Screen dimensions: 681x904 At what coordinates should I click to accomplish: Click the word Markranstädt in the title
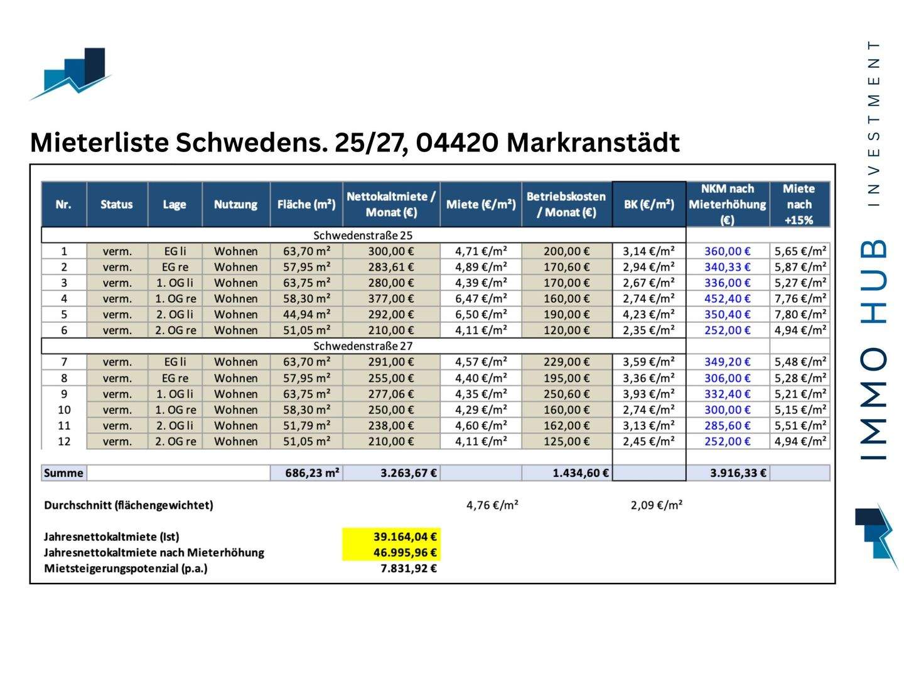593,143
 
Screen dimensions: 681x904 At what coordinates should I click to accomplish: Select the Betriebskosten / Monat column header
566,204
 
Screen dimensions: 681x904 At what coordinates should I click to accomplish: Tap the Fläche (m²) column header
306,204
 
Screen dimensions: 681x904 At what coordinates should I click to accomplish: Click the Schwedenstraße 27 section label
363,346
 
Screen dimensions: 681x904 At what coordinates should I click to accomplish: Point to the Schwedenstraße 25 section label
363,236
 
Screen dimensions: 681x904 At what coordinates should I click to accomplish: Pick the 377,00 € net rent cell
390,298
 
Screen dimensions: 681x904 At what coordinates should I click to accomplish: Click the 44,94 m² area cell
306,314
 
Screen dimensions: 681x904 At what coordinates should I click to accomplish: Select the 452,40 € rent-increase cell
727,298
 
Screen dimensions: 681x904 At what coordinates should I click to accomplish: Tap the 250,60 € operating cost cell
566,394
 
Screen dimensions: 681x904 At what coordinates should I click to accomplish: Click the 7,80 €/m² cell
800,314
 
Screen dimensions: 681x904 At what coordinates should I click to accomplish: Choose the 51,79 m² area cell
306,425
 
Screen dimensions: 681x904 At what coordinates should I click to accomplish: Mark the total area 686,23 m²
312,473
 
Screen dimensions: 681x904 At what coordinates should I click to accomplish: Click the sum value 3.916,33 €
738,473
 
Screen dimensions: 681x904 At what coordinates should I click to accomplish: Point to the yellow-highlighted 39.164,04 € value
405,537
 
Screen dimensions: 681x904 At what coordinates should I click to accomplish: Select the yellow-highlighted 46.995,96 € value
405,552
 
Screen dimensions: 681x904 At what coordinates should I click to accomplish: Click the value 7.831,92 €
409,569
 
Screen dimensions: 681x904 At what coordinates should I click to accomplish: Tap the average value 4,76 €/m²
492,505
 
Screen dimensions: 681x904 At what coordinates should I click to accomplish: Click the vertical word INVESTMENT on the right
873,123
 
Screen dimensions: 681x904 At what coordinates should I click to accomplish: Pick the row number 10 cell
64,410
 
